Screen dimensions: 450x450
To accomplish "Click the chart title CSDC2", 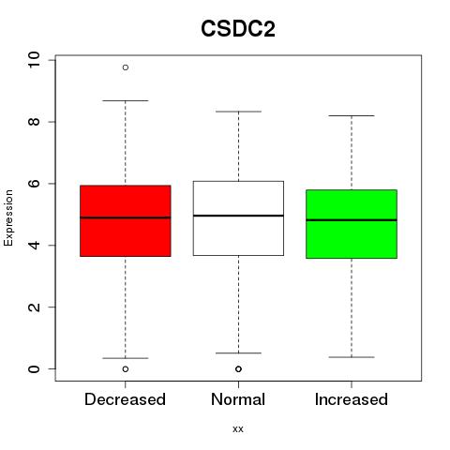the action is [238, 29].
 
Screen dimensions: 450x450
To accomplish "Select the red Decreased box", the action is [126, 221].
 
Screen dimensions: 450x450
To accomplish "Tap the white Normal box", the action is [238, 218].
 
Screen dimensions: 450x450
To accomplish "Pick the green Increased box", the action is [352, 224].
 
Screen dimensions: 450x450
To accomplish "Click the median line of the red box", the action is [126, 217].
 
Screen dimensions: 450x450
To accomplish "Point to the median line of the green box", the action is [352, 220].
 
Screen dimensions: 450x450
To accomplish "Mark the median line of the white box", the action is [238, 216].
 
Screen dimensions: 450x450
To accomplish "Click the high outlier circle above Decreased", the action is [126, 67].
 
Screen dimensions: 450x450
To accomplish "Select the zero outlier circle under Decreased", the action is [126, 369].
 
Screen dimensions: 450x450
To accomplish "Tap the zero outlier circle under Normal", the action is [238, 369].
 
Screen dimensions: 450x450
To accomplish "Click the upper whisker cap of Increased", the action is [352, 116].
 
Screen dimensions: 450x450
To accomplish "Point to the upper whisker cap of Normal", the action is [238, 112].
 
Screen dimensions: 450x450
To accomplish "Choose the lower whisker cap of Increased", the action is [352, 357].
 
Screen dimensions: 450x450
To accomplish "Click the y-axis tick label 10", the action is [34, 59].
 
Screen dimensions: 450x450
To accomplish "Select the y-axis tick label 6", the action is [34, 184].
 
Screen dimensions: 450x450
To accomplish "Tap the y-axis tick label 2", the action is [34, 307].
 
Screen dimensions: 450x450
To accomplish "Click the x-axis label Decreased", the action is [125, 399].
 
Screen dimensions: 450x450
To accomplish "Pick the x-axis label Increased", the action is [352, 399].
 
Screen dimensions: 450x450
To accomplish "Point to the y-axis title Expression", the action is [8, 217].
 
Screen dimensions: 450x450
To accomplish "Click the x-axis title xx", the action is [238, 429].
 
